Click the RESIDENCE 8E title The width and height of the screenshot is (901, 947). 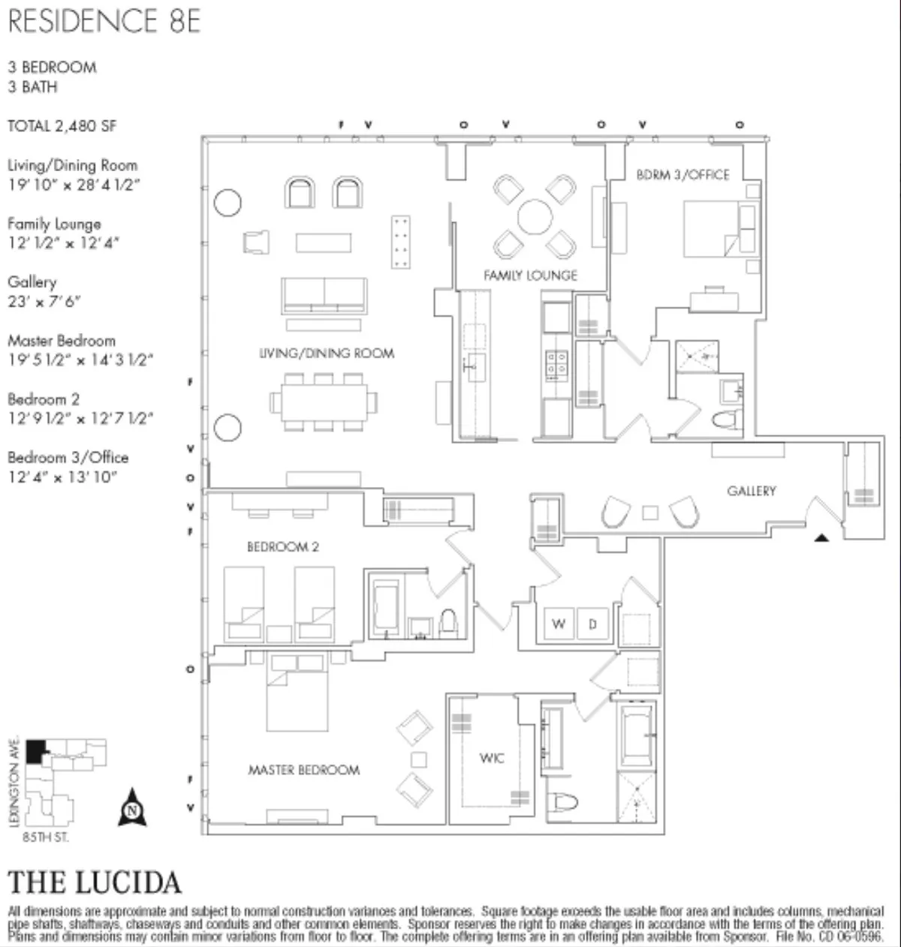coord(104,21)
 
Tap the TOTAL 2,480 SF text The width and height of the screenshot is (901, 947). coord(62,126)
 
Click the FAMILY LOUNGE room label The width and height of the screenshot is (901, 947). coord(530,275)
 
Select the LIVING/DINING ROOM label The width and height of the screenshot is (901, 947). coord(326,353)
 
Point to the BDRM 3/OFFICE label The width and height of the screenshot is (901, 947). coord(683,175)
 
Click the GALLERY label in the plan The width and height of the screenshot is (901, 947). coord(751,491)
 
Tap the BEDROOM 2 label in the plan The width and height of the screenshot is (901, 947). coord(282,547)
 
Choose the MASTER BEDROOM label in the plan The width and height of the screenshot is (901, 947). coord(303,770)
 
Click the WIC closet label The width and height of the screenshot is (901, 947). coord(492,758)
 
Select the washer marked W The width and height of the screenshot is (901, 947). coord(558,624)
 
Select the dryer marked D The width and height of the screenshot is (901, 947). coord(592,624)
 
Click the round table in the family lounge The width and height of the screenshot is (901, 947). coord(535,218)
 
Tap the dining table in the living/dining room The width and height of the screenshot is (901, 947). coord(324,402)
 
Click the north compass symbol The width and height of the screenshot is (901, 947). coord(132,808)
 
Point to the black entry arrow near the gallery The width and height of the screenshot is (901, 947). coord(821,537)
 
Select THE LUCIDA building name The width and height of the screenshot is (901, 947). coord(95,882)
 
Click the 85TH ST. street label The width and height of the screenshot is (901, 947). coord(45,837)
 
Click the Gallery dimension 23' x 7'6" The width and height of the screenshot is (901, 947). coord(44,301)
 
